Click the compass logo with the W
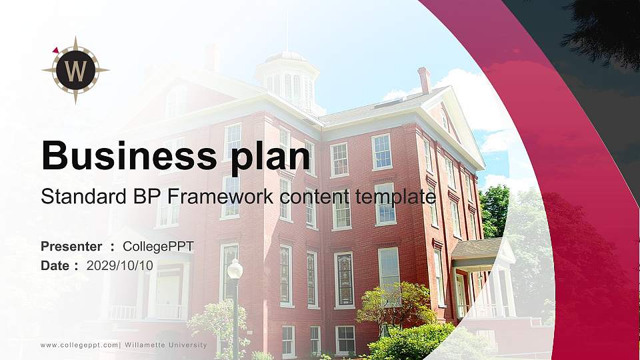75,70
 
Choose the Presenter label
71,247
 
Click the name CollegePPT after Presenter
159,247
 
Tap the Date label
56,265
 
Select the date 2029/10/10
120,265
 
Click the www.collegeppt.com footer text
79,345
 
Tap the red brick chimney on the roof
423,79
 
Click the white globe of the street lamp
235,269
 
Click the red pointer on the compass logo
56,49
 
